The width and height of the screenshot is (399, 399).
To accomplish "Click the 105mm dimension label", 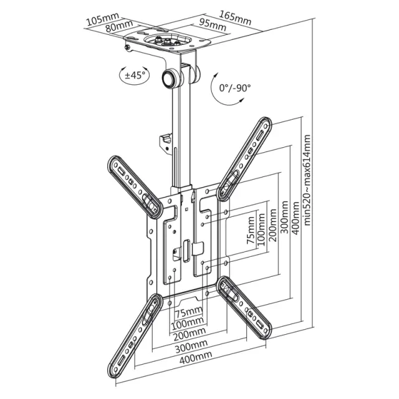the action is (103, 19).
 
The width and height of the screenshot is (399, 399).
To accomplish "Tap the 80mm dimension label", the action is (119, 26).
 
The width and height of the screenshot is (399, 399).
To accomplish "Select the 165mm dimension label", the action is (235, 18).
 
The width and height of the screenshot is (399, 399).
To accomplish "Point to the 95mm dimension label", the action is (213, 25).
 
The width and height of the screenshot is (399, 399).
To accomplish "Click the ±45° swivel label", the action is (135, 75).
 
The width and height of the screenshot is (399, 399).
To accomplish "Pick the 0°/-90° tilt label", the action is (235, 88).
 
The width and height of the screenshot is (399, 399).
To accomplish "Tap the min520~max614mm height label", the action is (307, 180).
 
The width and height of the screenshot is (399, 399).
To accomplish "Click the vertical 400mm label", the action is (296, 218).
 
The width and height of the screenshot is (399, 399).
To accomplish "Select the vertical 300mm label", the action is (284, 217).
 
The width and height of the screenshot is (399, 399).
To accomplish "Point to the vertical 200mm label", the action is (272, 225).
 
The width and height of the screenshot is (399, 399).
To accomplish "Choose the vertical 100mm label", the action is (261, 229).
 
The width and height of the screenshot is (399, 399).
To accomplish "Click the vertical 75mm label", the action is (251, 230).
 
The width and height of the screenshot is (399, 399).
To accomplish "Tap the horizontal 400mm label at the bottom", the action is (196, 357).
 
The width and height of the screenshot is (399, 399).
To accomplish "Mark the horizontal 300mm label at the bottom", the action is (191, 346).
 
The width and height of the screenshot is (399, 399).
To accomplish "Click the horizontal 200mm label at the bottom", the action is (190, 334).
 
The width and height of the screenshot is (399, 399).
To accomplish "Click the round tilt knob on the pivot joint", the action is (170, 78).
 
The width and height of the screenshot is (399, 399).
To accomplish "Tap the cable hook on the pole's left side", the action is (165, 144).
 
